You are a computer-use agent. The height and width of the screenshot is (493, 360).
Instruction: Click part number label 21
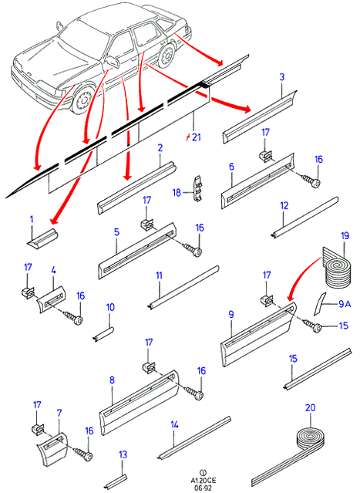pos(196,137)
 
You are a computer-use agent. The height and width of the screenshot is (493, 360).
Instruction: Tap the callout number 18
pos(177,192)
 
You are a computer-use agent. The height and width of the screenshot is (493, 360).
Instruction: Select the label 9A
pos(345,304)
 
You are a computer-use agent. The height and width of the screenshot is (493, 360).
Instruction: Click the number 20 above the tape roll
pos(310,408)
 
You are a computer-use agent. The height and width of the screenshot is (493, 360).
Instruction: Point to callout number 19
pos(345,236)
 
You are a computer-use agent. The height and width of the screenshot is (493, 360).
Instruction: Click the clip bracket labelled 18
pos(197,189)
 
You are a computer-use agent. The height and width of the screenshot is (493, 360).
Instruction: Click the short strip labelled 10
pos(103,333)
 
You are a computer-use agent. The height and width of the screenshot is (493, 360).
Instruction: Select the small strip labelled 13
pos(116,481)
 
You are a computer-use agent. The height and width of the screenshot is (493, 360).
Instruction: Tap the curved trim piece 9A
pos(320,303)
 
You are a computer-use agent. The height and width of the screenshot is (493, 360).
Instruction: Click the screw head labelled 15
pos(318,329)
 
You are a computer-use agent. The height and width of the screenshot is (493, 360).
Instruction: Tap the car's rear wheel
pos(167,56)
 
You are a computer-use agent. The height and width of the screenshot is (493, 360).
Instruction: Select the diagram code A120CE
pos(204,480)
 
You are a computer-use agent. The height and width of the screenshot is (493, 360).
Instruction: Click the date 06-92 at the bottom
pos(204,487)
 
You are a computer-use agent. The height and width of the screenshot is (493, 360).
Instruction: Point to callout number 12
pos(284,206)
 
